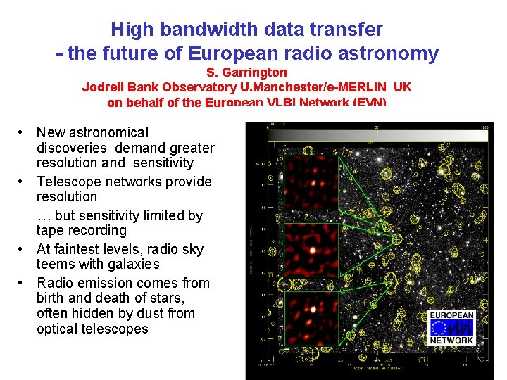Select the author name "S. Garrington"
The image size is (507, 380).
pos(246,72)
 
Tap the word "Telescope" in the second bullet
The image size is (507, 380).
pos(69,182)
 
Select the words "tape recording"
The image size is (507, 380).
pos(81,231)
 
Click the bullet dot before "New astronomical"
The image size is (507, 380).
pos(23,132)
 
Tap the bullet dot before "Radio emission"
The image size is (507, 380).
pos(23,283)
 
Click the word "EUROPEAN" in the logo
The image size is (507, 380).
pos(451,316)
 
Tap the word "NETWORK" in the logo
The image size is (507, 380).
pos(451,341)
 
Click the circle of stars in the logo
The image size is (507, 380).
pos(440,328)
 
